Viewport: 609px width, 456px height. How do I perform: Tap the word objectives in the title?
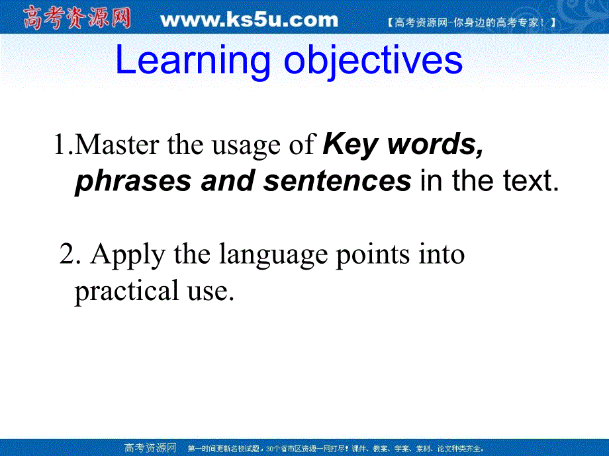(x=373, y=61)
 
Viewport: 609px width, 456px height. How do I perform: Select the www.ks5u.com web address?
(x=249, y=20)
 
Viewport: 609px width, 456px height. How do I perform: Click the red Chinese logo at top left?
(x=77, y=18)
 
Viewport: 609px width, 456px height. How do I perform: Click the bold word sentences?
(x=337, y=181)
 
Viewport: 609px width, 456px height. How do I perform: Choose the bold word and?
(x=228, y=181)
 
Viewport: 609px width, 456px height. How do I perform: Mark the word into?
(x=442, y=254)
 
